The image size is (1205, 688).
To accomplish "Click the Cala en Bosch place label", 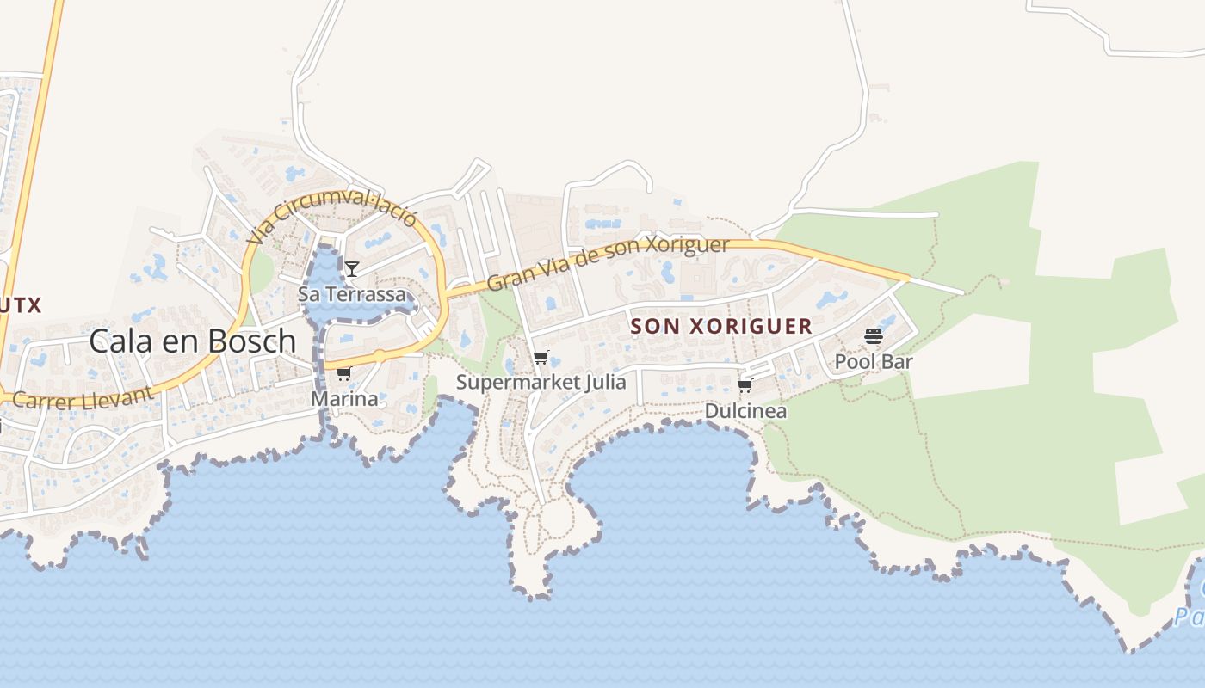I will (x=193, y=341).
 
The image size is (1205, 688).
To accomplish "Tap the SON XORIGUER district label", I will (x=721, y=326).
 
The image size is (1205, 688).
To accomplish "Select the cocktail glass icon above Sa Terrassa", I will (x=351, y=268).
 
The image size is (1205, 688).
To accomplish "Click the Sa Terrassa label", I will (x=351, y=294).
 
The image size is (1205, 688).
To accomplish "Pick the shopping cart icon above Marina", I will (x=344, y=373).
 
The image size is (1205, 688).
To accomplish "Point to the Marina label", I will (x=344, y=399).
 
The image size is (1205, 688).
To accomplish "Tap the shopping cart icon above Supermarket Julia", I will (x=541, y=357).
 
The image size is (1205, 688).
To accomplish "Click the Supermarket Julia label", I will (x=541, y=382).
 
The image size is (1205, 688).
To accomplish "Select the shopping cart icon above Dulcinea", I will (x=745, y=385).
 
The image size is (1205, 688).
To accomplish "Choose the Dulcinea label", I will (x=745, y=411).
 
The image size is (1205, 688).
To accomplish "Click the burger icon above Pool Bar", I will (x=874, y=336).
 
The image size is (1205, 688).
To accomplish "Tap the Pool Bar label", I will (x=874, y=362).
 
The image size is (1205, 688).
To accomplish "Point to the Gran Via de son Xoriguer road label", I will (x=609, y=263).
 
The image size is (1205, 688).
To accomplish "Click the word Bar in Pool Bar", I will (x=897, y=362).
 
